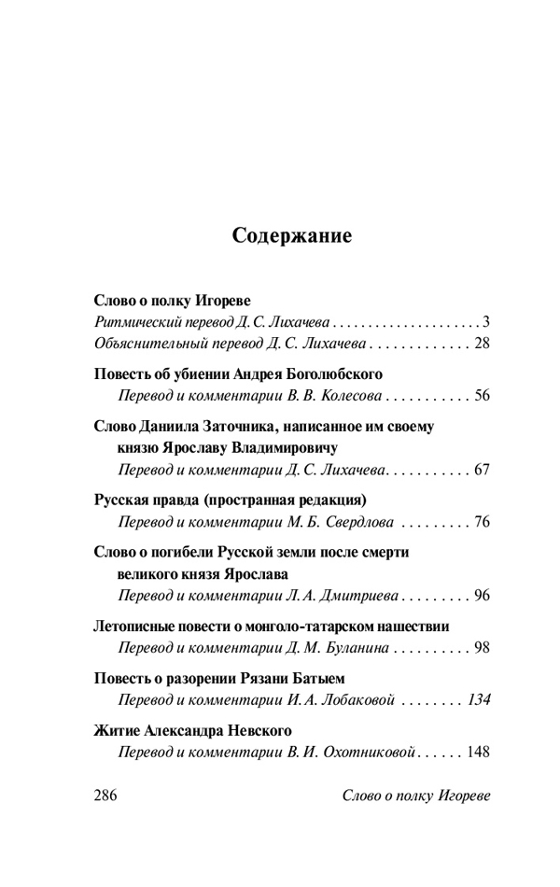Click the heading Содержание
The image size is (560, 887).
click(x=292, y=236)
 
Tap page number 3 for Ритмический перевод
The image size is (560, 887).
click(x=486, y=322)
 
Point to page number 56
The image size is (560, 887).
click(x=482, y=396)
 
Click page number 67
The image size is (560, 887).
click(x=482, y=469)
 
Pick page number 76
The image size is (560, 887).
click(x=482, y=521)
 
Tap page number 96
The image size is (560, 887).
click(x=482, y=594)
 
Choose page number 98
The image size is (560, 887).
click(x=482, y=646)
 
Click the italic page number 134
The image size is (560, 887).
click(x=478, y=699)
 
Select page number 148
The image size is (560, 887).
click(x=477, y=751)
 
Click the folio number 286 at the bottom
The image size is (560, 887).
click(x=109, y=795)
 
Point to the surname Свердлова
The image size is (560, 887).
click(x=357, y=521)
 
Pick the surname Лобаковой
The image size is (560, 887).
click(x=358, y=699)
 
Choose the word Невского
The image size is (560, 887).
click(x=256, y=730)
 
